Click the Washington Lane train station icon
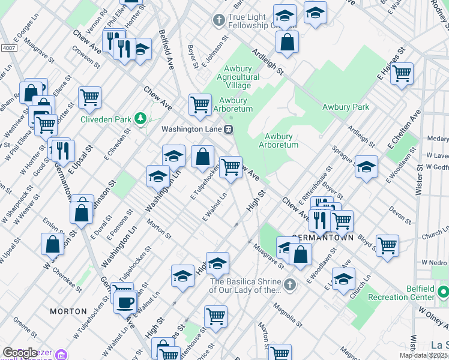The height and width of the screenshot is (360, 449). [228, 129]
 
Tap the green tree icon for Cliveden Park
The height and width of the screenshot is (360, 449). [141, 119]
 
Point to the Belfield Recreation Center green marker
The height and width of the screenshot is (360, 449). [443, 293]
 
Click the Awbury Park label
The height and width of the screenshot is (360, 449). [346, 107]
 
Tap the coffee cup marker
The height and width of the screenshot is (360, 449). [125, 303]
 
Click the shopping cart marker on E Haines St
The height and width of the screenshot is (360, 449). [402, 73]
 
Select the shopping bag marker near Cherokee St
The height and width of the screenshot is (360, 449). [53, 243]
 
